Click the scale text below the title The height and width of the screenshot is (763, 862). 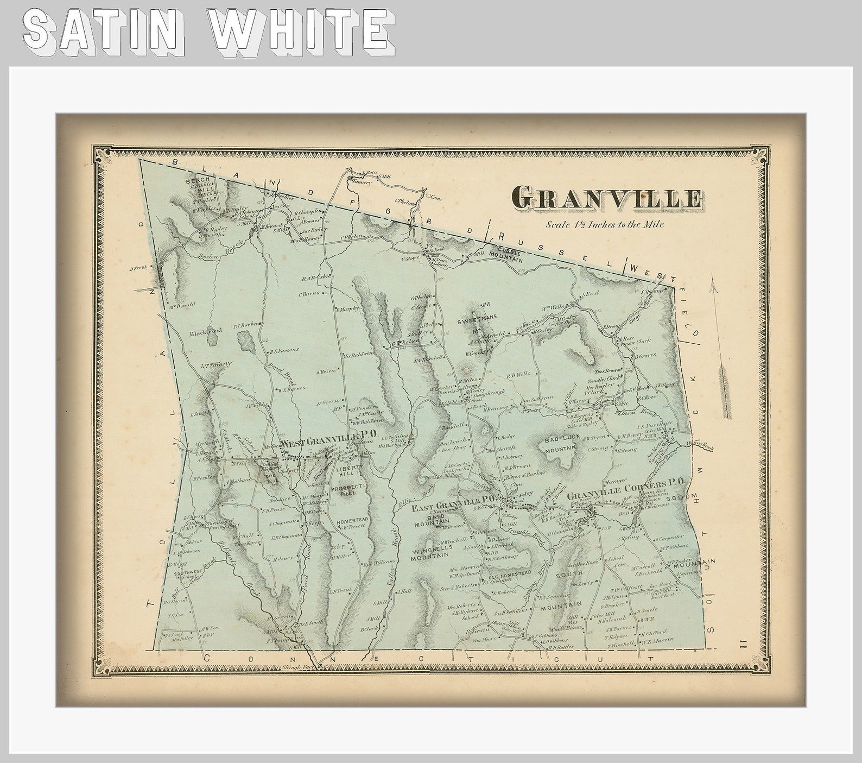605,224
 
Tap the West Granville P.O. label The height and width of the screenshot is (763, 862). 329,442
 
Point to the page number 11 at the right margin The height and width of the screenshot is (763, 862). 741,645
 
